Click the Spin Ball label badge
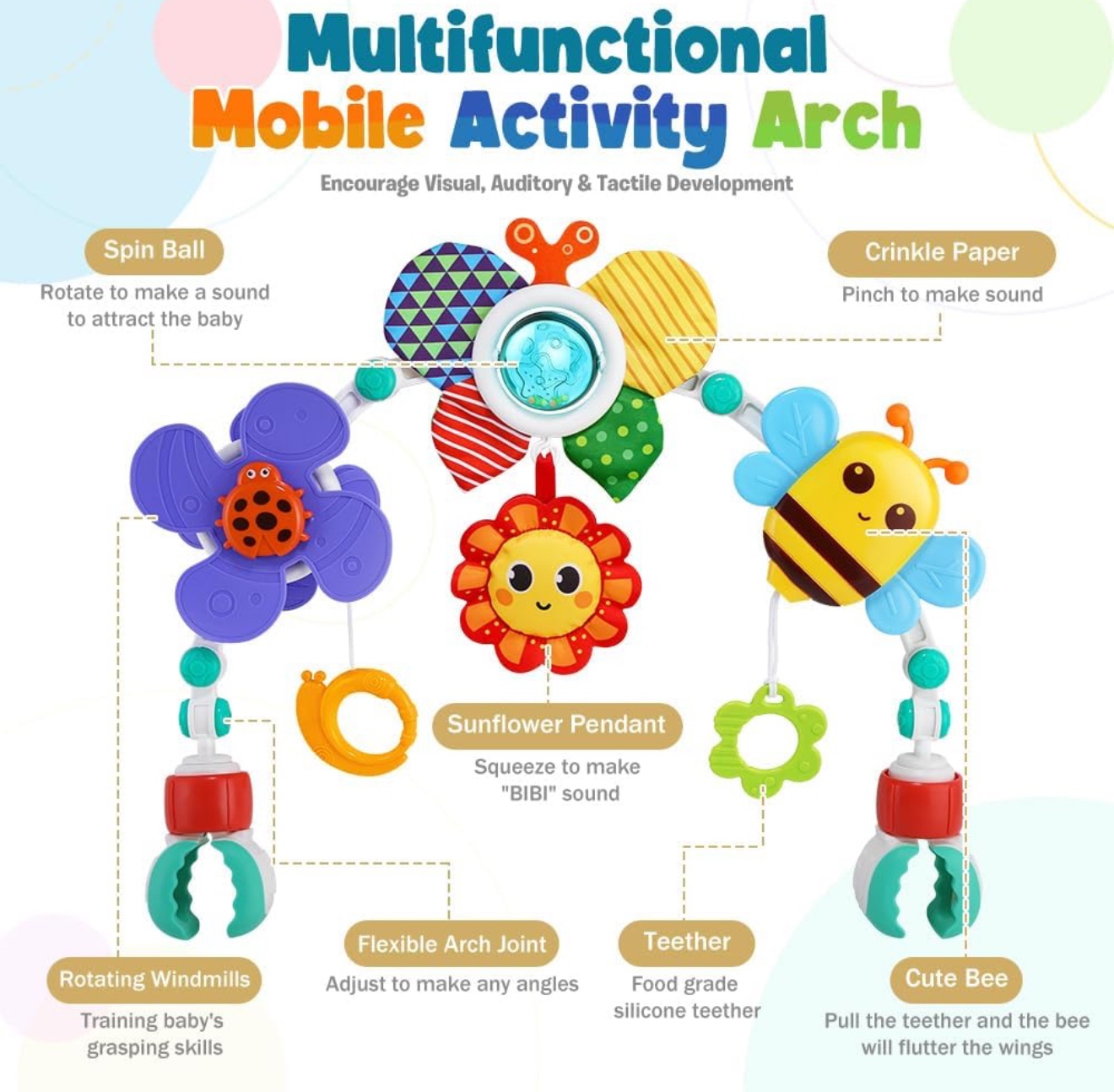click(x=154, y=251)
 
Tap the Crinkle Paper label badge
click(x=942, y=253)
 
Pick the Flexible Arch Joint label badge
click(x=452, y=943)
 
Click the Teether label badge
click(x=687, y=943)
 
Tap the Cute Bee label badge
click(x=956, y=979)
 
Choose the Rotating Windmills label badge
click(x=154, y=979)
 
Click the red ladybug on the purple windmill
click(x=263, y=510)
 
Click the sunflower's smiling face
click(x=543, y=584)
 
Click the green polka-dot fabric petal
click(x=615, y=442)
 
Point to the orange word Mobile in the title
click(x=307, y=118)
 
